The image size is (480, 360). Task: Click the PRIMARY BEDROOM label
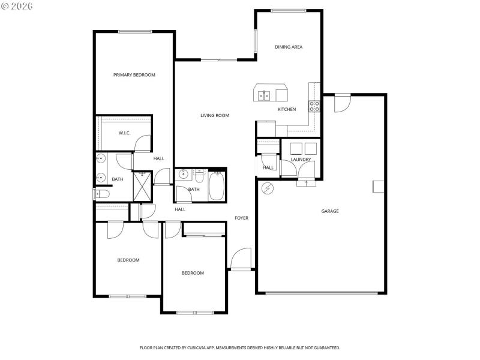[x=134, y=75]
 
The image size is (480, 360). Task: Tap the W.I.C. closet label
[x=125, y=133]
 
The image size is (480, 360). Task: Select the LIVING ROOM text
[x=215, y=116]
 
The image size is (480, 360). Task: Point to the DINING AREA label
[x=289, y=47]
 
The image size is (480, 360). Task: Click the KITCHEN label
[x=286, y=110]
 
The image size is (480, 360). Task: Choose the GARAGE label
[x=330, y=211]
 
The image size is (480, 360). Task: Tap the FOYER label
[x=241, y=218]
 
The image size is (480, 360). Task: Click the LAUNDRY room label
[x=301, y=160]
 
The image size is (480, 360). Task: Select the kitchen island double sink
[x=263, y=95]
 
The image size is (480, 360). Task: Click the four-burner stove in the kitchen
[x=314, y=107]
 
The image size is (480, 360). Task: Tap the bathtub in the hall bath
[x=216, y=185]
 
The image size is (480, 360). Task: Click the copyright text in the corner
[x=17, y=6]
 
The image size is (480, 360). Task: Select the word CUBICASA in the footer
[x=210, y=347]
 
